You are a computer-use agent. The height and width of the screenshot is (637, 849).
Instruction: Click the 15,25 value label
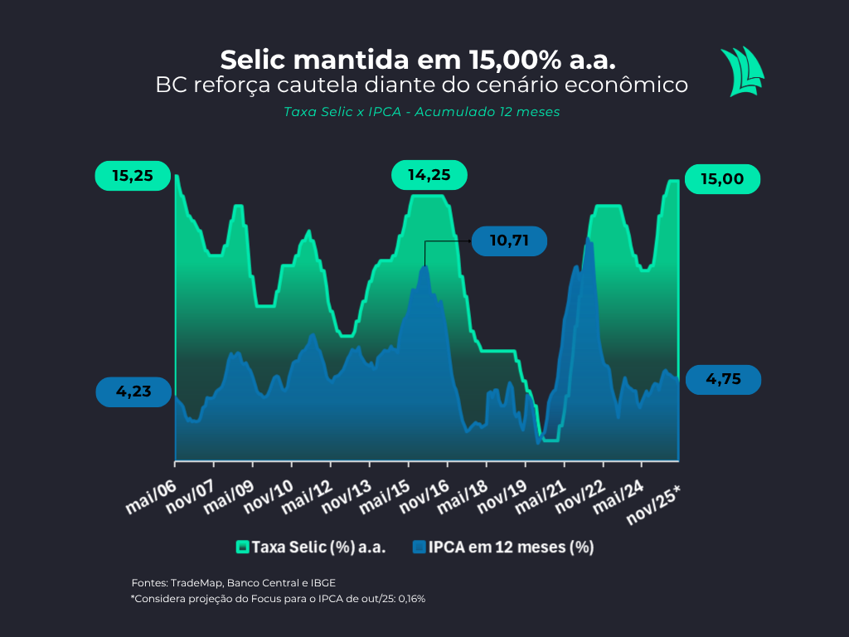point(132,177)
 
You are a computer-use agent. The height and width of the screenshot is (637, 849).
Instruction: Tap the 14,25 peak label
point(429,175)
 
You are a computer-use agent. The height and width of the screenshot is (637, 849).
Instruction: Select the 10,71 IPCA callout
point(509,241)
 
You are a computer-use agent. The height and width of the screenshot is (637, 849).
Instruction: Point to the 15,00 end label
point(721,179)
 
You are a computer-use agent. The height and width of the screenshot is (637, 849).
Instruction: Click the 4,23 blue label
point(133,391)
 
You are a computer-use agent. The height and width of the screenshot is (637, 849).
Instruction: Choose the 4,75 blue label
point(721,379)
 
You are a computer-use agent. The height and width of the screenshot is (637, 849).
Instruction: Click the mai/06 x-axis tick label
point(151,497)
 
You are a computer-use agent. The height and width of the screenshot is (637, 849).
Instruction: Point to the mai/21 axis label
point(542,497)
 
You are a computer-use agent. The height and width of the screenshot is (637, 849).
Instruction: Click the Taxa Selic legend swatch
point(242,547)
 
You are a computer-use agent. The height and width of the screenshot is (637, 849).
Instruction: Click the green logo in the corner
point(741,71)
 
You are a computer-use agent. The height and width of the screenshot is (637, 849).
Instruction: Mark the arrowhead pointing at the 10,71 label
point(468,241)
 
